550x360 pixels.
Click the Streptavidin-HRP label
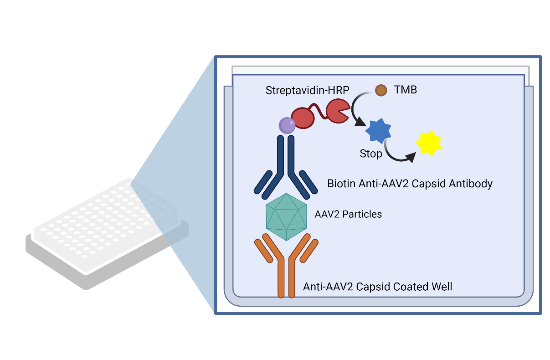[x=307, y=90]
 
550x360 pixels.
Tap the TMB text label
[x=406, y=90]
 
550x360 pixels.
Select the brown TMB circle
[x=381, y=90]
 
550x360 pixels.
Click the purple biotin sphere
[x=287, y=125]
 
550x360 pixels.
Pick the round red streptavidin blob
[x=303, y=118]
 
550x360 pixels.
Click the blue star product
[x=378, y=131]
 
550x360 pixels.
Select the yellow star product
[x=429, y=143]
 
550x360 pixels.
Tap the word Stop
[x=371, y=154]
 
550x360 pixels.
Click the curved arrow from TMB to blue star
[x=353, y=108]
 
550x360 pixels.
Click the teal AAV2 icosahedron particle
[x=286, y=217]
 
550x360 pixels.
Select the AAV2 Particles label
[x=348, y=214]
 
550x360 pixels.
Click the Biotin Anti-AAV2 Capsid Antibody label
[x=410, y=184]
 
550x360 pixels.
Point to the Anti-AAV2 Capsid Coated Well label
[x=377, y=287]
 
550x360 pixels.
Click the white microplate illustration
[x=107, y=234]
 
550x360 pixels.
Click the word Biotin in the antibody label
[x=341, y=184]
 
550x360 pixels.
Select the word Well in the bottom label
[x=442, y=287]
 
